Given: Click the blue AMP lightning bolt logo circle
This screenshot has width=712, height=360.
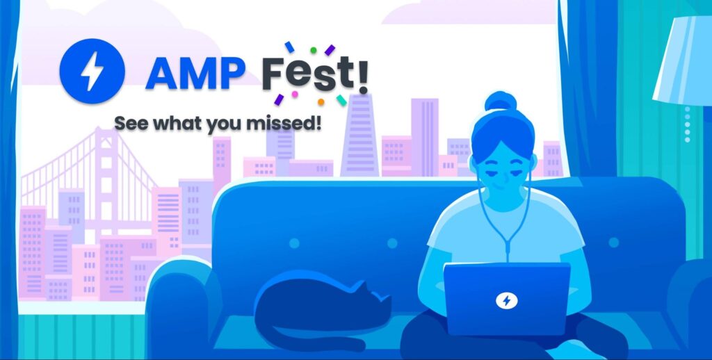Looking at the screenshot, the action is [x=92, y=71].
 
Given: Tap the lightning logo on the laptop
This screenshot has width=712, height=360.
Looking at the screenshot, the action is [x=507, y=300].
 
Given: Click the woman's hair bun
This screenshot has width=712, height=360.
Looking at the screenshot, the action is [x=501, y=101].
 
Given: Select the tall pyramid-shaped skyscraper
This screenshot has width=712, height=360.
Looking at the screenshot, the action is [x=360, y=136].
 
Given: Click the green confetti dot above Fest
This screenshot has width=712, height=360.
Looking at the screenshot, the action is [x=314, y=50].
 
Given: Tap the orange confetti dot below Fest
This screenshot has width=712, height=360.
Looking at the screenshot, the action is [x=321, y=102].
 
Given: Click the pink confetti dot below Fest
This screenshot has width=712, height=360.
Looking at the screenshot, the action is [x=295, y=95].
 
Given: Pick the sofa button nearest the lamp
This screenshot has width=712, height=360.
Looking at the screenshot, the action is [x=614, y=243].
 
